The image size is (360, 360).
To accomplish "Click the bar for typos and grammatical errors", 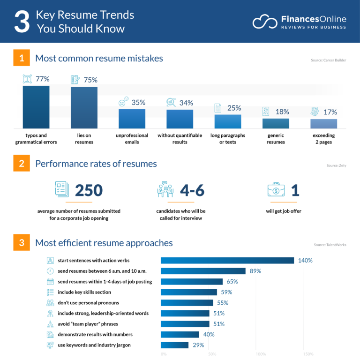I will coord(36,107).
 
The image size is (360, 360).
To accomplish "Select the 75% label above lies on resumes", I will coord(90,80).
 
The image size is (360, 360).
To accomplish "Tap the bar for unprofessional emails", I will coord(132,119).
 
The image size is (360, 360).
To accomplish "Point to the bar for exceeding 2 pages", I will coord(323,124).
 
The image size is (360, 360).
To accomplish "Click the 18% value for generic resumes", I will coord(282,112).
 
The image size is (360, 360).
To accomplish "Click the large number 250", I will coord(89,190).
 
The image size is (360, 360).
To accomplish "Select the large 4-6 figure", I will coord(192,190).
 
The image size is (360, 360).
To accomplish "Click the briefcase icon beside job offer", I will coord(277,190).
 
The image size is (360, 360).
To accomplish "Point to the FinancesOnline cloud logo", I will coord(264,22).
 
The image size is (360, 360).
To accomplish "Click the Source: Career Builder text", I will coord(328,60).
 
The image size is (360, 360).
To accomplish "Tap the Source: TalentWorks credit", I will coord(330,245).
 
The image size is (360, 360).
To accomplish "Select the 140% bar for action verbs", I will coord(227,260).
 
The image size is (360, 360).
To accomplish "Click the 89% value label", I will coord(255,271).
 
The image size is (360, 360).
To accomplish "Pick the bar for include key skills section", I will coord(189,292).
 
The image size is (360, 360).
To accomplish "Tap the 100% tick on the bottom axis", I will coord(261,354).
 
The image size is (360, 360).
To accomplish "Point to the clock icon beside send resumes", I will coord(50,271).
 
